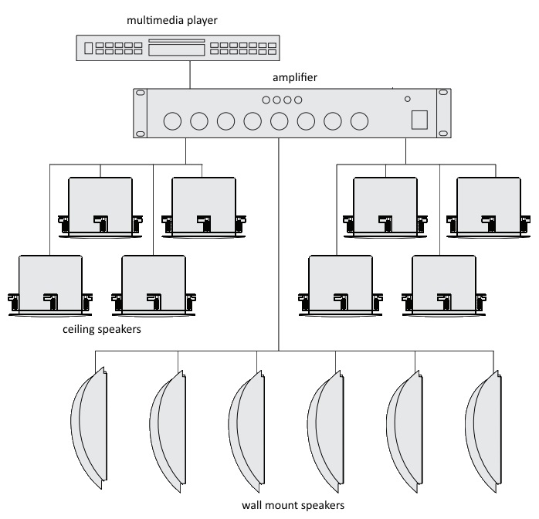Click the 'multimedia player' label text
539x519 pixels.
point(172,20)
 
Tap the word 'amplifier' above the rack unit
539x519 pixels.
point(294,77)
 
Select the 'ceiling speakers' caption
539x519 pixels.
point(102,329)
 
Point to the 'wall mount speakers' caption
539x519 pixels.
point(293,505)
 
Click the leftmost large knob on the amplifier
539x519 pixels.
point(172,121)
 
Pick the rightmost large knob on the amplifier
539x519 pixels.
point(359,121)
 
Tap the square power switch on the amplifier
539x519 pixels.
point(420,120)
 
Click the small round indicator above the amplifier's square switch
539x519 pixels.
point(408,99)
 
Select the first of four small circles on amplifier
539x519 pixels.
point(266,100)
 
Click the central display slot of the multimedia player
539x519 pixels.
point(177,50)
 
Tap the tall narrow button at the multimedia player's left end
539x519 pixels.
point(88,48)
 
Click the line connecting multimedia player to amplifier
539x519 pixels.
point(190,75)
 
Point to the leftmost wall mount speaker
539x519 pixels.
point(89,428)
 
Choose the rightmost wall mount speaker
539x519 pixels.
point(483,432)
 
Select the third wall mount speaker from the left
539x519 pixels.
point(246,432)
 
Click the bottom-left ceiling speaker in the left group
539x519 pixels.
point(50,286)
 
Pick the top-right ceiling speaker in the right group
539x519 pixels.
point(489,208)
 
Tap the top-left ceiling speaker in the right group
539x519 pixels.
point(385,208)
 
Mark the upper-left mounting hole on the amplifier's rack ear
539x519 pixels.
point(141,93)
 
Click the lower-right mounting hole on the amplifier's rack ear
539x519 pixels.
point(443,134)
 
